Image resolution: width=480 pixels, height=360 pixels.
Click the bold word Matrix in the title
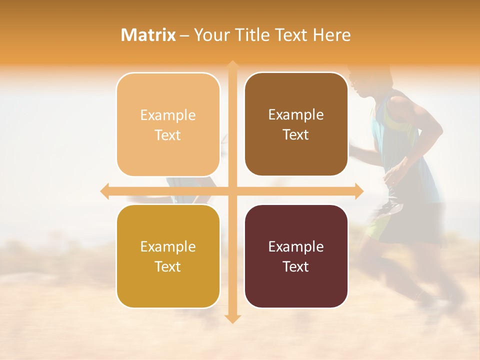point(148,35)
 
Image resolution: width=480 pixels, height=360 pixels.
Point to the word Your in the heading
point(209,35)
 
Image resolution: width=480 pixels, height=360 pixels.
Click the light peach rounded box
point(168,124)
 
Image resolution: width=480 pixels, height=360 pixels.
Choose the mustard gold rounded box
point(168,256)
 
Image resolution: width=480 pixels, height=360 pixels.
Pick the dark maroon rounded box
point(296,256)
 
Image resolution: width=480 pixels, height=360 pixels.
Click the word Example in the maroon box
point(296,246)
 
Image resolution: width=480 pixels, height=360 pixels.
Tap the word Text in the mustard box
point(168,266)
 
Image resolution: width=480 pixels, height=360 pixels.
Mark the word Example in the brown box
point(296,114)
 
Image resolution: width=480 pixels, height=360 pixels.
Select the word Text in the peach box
point(168,135)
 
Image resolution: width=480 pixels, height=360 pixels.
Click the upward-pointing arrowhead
point(232,65)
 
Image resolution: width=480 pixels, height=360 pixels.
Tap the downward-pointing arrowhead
point(232,318)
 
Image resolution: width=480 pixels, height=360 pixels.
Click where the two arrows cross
point(232,191)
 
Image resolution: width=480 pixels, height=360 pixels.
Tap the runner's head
point(362,80)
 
